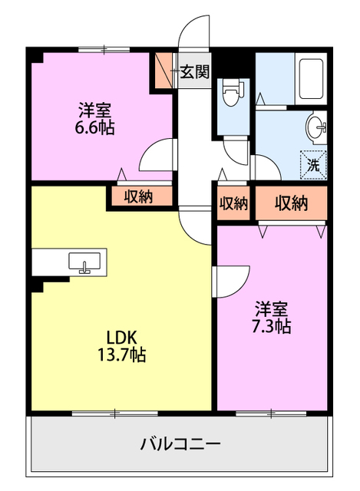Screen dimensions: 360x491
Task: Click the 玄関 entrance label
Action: point(194,72)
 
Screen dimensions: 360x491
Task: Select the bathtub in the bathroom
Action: point(311,79)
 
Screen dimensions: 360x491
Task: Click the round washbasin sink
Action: point(316,128)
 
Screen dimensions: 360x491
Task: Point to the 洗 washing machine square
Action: point(313,165)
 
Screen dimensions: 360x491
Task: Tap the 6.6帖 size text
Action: point(94,128)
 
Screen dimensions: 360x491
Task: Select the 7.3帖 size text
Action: point(271,327)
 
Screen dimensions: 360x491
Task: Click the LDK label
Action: point(121,338)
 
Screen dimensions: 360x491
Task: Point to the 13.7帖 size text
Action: point(122,355)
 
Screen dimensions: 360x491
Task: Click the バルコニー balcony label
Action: point(180,443)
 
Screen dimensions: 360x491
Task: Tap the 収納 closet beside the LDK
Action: point(139,196)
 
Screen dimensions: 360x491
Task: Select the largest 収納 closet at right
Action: point(291,203)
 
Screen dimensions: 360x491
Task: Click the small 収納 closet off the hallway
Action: point(233,203)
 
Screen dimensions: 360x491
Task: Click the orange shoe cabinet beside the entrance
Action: point(163,71)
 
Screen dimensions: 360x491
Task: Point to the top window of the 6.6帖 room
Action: point(104,49)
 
